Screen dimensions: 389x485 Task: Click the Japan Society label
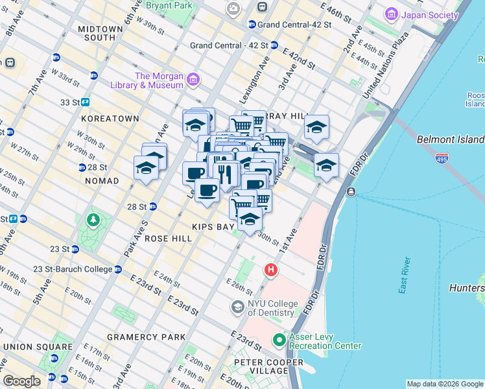pos(427,14)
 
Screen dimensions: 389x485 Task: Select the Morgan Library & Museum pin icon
pos(193,80)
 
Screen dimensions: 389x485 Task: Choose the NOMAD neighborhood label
pos(102,181)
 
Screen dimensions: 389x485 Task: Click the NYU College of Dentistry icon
pos(238,305)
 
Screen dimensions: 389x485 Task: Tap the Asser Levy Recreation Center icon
pos(279,339)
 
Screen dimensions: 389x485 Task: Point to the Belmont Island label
pos(450,139)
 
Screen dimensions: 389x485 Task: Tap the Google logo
pos(22,381)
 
